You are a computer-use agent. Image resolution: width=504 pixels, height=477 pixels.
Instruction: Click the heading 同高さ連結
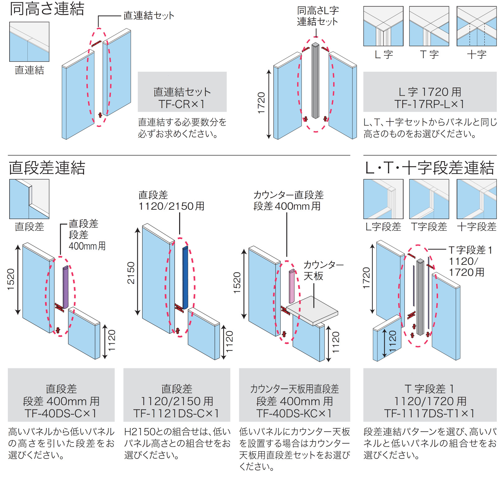click(x=47, y=9)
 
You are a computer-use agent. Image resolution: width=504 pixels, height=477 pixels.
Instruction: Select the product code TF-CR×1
click(x=182, y=104)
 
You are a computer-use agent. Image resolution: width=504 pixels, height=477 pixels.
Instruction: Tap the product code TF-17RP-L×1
click(x=429, y=104)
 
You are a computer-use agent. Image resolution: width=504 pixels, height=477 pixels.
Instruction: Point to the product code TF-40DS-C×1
click(x=61, y=413)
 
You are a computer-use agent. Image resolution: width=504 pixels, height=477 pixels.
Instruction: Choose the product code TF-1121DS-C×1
click(x=176, y=413)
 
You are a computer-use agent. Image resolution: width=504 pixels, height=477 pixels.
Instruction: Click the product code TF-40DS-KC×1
click(x=294, y=413)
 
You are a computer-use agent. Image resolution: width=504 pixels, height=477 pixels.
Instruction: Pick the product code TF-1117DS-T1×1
click(x=429, y=413)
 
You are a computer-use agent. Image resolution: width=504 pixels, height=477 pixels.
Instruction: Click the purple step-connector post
click(x=66, y=287)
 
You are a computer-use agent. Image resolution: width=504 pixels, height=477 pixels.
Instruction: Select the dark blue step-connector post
click(x=185, y=277)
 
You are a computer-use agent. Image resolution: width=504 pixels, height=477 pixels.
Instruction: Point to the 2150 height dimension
click(x=131, y=273)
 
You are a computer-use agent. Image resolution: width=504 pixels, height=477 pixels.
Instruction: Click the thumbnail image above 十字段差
click(x=476, y=199)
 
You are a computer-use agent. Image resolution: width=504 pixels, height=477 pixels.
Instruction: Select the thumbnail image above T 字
click(x=429, y=26)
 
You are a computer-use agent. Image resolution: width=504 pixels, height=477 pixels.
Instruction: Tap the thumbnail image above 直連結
click(x=29, y=41)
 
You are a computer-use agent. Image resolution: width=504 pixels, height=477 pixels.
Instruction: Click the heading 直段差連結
click(x=47, y=168)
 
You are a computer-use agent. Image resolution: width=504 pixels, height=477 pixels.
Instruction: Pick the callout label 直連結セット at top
click(x=149, y=16)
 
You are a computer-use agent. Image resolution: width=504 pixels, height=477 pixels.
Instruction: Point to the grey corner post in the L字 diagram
click(x=315, y=81)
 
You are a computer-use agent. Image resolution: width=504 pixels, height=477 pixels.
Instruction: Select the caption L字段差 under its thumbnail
click(x=383, y=227)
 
